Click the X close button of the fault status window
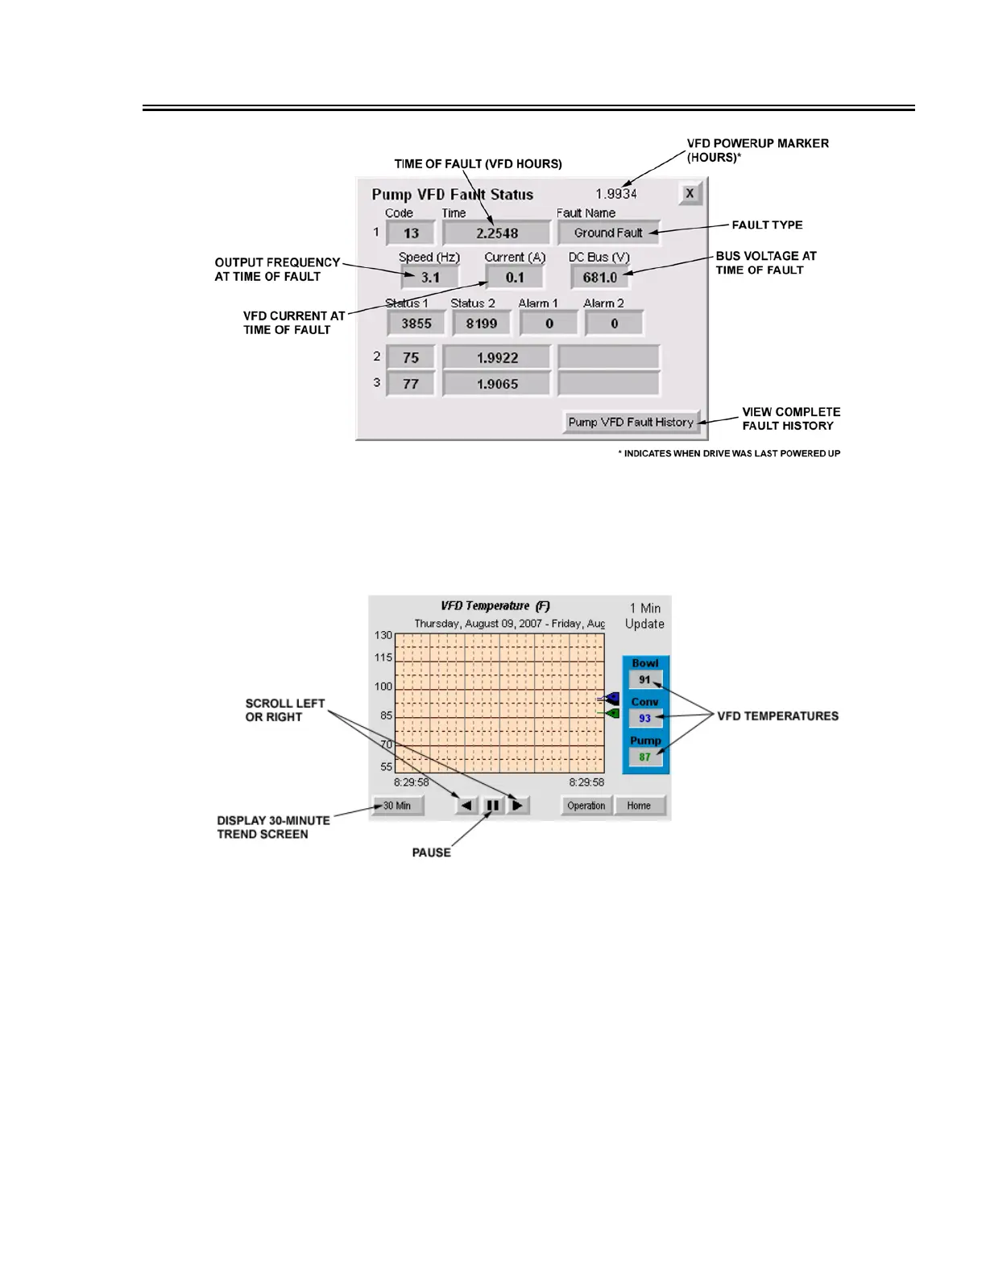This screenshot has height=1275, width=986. coord(690,194)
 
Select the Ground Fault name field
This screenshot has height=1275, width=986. coord(608,233)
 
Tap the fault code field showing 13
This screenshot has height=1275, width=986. coord(411,233)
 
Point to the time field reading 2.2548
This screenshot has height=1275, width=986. coord(496,233)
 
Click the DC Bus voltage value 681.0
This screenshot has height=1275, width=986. coord(600,278)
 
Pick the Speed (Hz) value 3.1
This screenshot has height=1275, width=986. coord(430,278)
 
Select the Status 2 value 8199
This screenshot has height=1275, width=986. coord(481,324)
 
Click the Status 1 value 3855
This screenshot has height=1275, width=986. coord(416,324)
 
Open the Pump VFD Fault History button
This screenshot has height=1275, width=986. coord(631,422)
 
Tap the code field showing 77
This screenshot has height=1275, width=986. coord(411,384)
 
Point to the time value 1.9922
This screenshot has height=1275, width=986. coord(497,357)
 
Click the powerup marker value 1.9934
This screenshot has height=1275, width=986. coord(616,194)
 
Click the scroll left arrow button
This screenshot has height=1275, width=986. coord(466,805)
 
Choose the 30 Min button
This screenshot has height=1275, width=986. coord(397,805)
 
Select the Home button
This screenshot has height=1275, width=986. coord(639,805)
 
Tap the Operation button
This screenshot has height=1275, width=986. coord(586,805)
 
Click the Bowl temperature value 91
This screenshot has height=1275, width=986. coord(644,679)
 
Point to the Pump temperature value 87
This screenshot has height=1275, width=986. coord(644,757)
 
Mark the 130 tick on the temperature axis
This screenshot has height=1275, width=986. coord(383,635)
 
